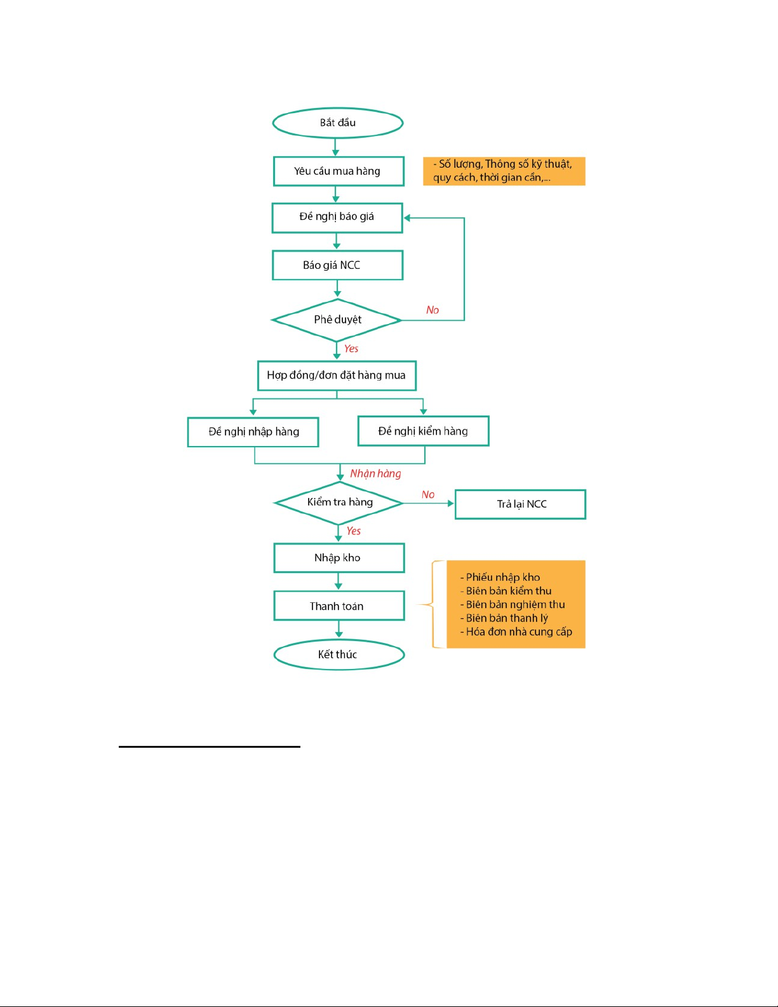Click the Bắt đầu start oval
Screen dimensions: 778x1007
coord(338,123)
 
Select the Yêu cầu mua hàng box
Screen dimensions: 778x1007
coord(339,172)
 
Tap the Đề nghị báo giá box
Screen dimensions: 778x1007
coord(337,218)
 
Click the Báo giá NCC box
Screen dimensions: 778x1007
coord(338,265)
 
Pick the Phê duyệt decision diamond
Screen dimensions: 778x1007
coord(337,320)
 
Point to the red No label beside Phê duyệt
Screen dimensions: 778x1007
coord(433,310)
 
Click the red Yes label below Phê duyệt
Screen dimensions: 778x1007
coord(351,349)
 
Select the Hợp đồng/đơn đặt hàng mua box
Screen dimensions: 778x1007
coord(337,375)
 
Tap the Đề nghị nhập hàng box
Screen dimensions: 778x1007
coord(253,432)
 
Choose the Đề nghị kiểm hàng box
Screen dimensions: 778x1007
coord(423,431)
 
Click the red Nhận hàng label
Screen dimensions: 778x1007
coord(375,473)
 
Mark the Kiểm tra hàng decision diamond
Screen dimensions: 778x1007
coord(339,503)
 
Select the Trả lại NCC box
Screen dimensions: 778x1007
coord(521,504)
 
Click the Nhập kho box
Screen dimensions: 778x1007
coord(339,558)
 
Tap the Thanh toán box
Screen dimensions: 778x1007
coord(339,605)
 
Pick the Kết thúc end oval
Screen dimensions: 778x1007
coord(339,654)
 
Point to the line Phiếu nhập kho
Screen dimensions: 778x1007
coord(500,578)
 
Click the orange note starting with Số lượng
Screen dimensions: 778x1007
coord(504,171)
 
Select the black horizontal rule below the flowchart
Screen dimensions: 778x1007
coord(210,747)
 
